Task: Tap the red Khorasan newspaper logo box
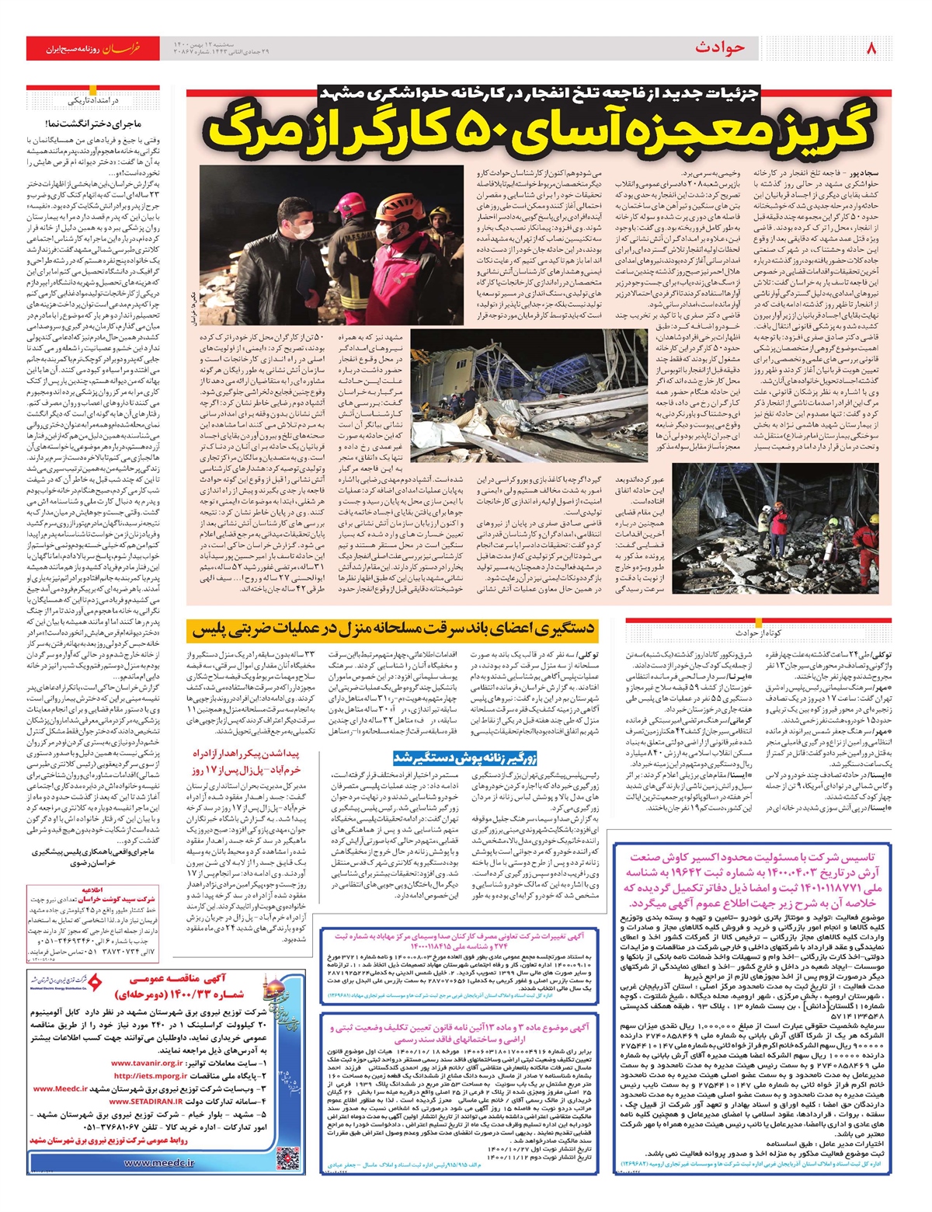pyautogui.click(x=93, y=48)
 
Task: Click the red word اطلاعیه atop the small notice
pyautogui.click(x=92, y=889)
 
